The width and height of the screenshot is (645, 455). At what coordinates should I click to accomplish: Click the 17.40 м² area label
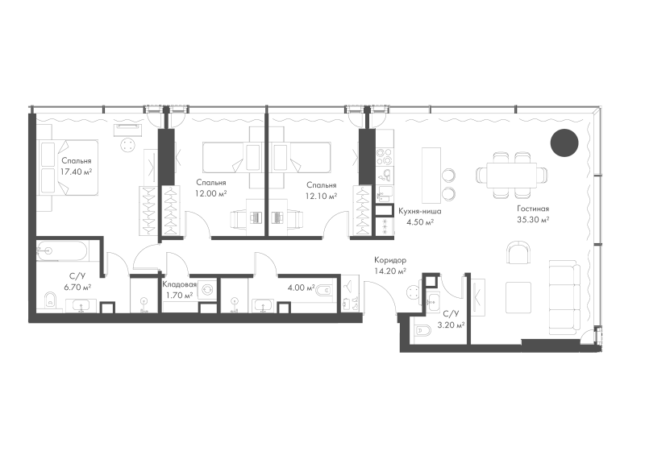point(76,172)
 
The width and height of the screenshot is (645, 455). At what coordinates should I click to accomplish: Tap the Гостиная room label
point(533,209)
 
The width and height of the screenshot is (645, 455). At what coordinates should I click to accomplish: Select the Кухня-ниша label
point(420,211)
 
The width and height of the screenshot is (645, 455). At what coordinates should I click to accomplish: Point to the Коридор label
point(390,260)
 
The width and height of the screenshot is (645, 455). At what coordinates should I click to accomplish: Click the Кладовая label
point(179,284)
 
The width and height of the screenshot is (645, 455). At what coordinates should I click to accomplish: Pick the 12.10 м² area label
point(321,196)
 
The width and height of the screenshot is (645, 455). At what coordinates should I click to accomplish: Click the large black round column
point(564,143)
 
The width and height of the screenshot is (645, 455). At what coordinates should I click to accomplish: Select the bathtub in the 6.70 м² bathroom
point(62,250)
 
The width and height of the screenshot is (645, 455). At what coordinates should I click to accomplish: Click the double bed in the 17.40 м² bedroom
point(69,168)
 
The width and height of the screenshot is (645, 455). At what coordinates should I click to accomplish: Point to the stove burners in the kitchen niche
point(385,156)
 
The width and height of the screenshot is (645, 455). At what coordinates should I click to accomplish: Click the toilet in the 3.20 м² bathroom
point(422,330)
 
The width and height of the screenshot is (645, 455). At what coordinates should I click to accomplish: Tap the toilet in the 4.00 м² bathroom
point(324,291)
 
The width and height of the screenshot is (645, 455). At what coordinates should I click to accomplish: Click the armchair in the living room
point(518,253)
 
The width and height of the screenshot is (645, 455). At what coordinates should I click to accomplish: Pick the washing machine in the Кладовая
point(207,290)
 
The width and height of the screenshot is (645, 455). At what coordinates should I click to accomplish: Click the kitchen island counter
point(431,176)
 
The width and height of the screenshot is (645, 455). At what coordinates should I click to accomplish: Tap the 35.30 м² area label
point(533,220)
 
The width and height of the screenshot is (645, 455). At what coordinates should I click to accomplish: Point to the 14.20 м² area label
point(390,271)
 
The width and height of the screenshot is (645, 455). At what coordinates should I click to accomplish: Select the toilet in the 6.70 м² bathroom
point(50,300)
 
